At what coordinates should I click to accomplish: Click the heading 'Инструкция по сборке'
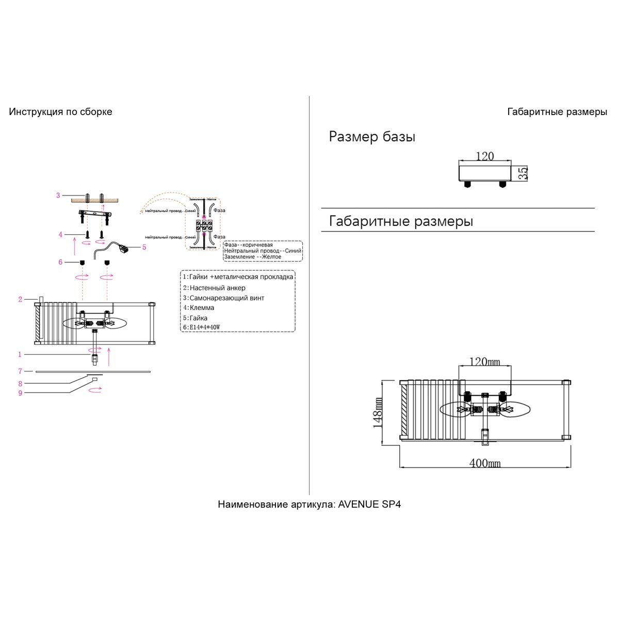(60, 112)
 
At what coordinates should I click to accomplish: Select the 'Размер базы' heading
(372, 137)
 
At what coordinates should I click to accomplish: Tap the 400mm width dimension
(484, 463)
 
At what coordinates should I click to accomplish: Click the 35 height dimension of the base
(523, 173)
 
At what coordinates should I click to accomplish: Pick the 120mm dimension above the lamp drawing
(484, 362)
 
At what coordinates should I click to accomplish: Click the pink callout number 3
(58, 196)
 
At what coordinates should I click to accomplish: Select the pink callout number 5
(144, 247)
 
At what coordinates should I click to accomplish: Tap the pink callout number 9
(20, 393)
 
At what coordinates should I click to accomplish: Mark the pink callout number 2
(20, 299)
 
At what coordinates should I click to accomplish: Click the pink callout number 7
(20, 371)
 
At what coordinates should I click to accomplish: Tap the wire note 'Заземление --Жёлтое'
(253, 256)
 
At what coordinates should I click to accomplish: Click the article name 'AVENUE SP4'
(369, 504)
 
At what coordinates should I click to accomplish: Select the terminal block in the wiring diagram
(204, 225)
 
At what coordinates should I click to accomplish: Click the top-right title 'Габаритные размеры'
(557, 112)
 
